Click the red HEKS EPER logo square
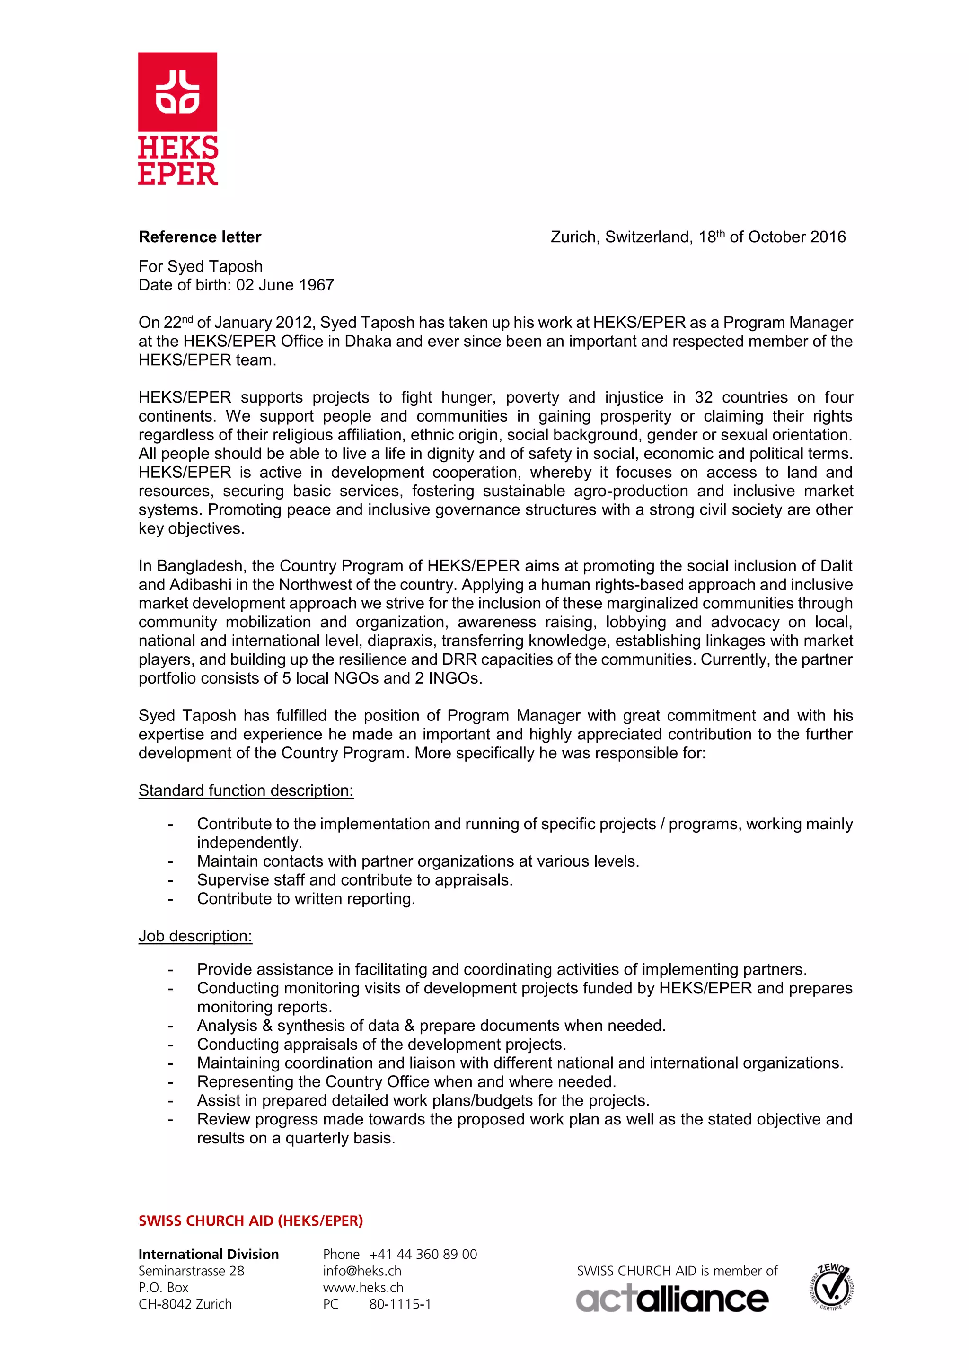pyautogui.click(x=177, y=91)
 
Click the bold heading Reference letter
pyautogui.click(x=200, y=237)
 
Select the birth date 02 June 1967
pyautogui.click(x=285, y=285)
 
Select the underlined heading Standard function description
pyautogui.click(x=246, y=790)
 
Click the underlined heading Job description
pyautogui.click(x=195, y=936)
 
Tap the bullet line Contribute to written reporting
pyautogui.click(x=306, y=899)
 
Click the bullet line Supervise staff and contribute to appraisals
pyautogui.click(x=354, y=880)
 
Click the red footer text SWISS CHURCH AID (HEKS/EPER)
pyautogui.click(x=251, y=1221)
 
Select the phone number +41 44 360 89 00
pyautogui.click(x=423, y=1254)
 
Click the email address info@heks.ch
pyautogui.click(x=361, y=1271)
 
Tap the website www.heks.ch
pyautogui.click(x=363, y=1288)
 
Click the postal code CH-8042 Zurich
pyautogui.click(x=185, y=1304)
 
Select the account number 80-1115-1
pyautogui.click(x=399, y=1304)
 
